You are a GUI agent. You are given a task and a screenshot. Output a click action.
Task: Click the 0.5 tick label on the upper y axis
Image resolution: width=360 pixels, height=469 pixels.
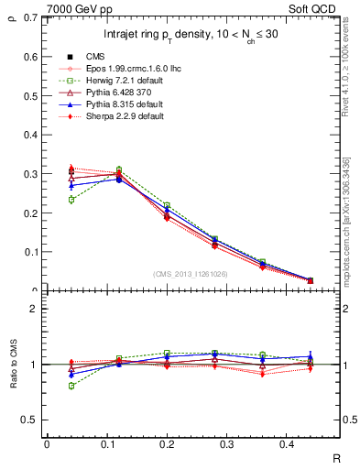click(31, 96)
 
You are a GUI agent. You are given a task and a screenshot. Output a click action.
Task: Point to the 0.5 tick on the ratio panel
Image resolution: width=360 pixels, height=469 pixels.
click(31, 420)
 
